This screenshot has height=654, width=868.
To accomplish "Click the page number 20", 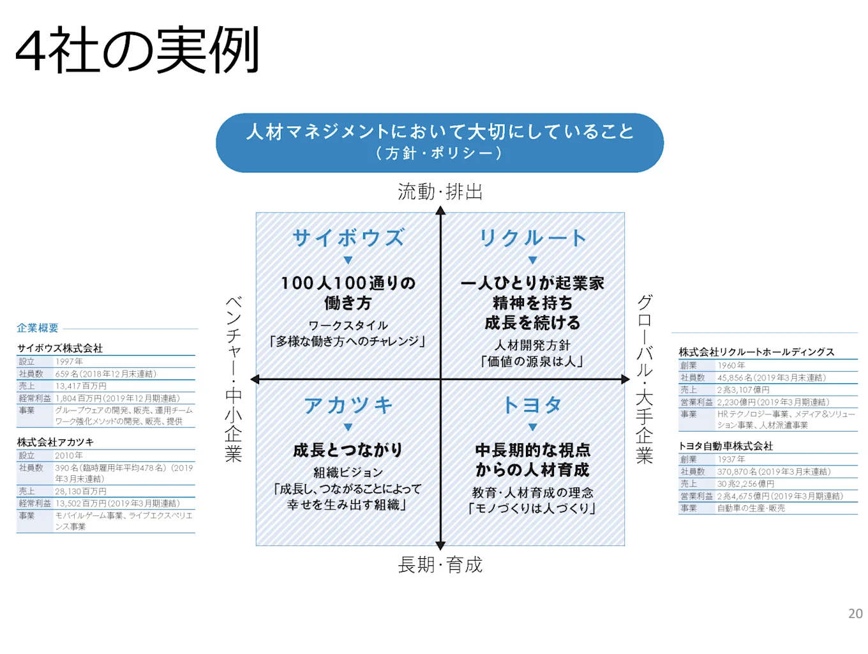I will click(855, 614).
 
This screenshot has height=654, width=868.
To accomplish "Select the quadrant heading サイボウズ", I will click(348, 238).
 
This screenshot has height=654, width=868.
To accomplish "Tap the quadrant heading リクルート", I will click(532, 238).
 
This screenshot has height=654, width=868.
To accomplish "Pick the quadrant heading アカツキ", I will click(348, 406).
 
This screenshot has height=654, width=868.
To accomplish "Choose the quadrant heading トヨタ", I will click(532, 406).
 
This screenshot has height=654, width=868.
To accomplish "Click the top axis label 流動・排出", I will click(440, 192).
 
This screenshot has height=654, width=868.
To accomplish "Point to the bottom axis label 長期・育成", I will click(440, 565).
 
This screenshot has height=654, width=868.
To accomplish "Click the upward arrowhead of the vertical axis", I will click(440, 211).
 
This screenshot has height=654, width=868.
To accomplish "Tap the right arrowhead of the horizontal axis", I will click(625, 379).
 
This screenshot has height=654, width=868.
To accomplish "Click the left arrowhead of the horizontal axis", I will click(255, 379).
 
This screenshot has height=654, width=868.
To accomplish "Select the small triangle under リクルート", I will click(532, 260).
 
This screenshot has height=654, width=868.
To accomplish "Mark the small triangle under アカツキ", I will click(348, 427).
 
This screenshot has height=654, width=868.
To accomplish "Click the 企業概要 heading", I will click(38, 328).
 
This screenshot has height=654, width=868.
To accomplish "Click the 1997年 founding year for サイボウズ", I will click(69, 361).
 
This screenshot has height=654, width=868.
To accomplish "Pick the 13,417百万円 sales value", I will click(81, 386).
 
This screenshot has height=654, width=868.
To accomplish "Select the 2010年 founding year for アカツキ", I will click(69, 455).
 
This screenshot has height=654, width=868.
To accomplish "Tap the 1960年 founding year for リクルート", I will click(731, 365).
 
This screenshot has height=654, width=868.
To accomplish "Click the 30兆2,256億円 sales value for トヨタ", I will click(745, 483).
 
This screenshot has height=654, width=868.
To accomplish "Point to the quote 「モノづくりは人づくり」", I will click(532, 508).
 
